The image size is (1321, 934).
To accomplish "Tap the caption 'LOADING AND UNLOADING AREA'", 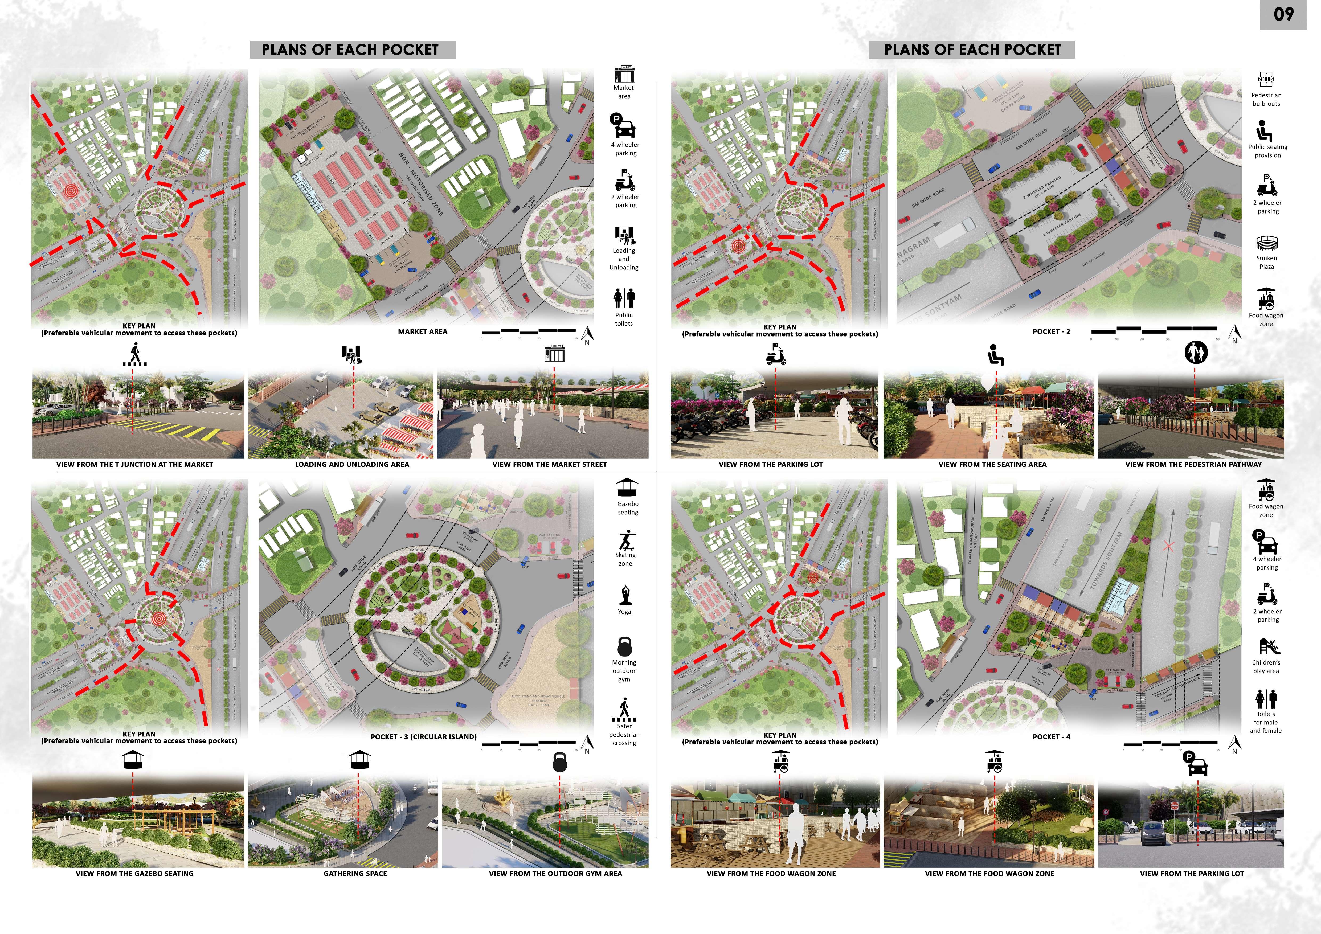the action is coord(352,464).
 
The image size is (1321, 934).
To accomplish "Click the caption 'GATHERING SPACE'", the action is coord(355,874).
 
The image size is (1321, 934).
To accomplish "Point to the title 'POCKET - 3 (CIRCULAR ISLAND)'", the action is coord(423,737).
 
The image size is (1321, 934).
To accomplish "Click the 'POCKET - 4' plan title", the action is coord(1051,737).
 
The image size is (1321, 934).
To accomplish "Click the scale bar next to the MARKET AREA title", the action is coord(528,331).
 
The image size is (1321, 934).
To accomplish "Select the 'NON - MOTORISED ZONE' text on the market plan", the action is coord(421,184).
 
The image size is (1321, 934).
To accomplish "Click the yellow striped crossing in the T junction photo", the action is coord(167,431).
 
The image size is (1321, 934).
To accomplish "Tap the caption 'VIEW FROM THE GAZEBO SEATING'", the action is coord(135,874).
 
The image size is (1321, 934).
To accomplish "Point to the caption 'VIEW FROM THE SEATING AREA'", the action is coord(992,464).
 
